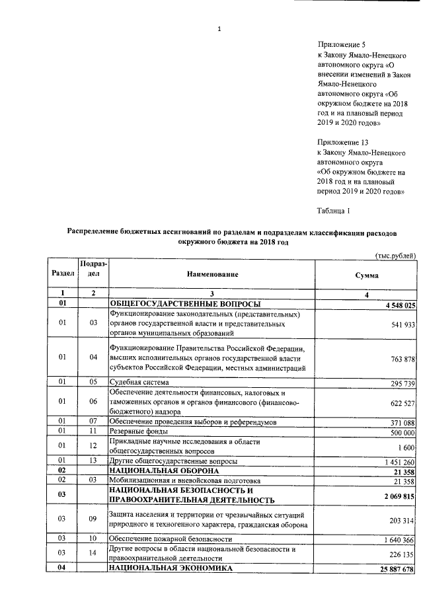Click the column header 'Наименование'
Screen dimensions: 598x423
(211, 274)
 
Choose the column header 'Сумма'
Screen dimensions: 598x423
(365, 274)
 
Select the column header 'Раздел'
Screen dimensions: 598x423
(61, 274)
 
